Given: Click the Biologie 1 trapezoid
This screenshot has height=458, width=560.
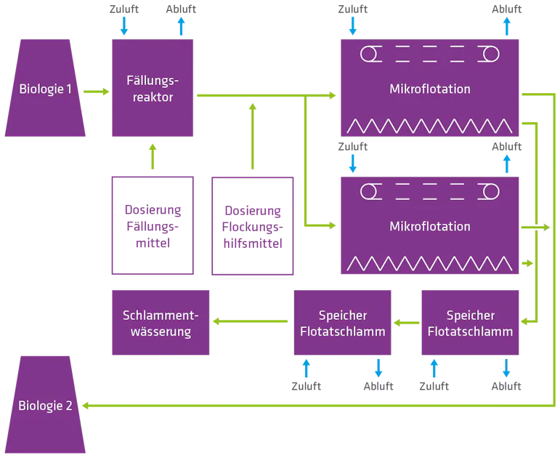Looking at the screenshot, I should [45, 90].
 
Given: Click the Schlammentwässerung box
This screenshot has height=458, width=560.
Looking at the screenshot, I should [161, 324].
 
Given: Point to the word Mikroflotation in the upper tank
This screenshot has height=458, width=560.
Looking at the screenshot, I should [430, 89].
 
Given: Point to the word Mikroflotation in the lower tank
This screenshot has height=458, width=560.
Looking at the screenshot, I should [430, 226].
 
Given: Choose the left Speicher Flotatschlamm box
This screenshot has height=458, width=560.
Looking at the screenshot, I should [342, 324].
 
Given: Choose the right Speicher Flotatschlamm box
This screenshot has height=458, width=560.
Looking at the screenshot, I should [471, 324].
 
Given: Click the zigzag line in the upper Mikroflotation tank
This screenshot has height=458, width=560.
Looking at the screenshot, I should [430, 124].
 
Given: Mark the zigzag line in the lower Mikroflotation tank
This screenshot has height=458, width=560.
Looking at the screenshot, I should [430, 262].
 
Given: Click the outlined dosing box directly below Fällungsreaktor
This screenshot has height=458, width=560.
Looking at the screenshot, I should [153, 226].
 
